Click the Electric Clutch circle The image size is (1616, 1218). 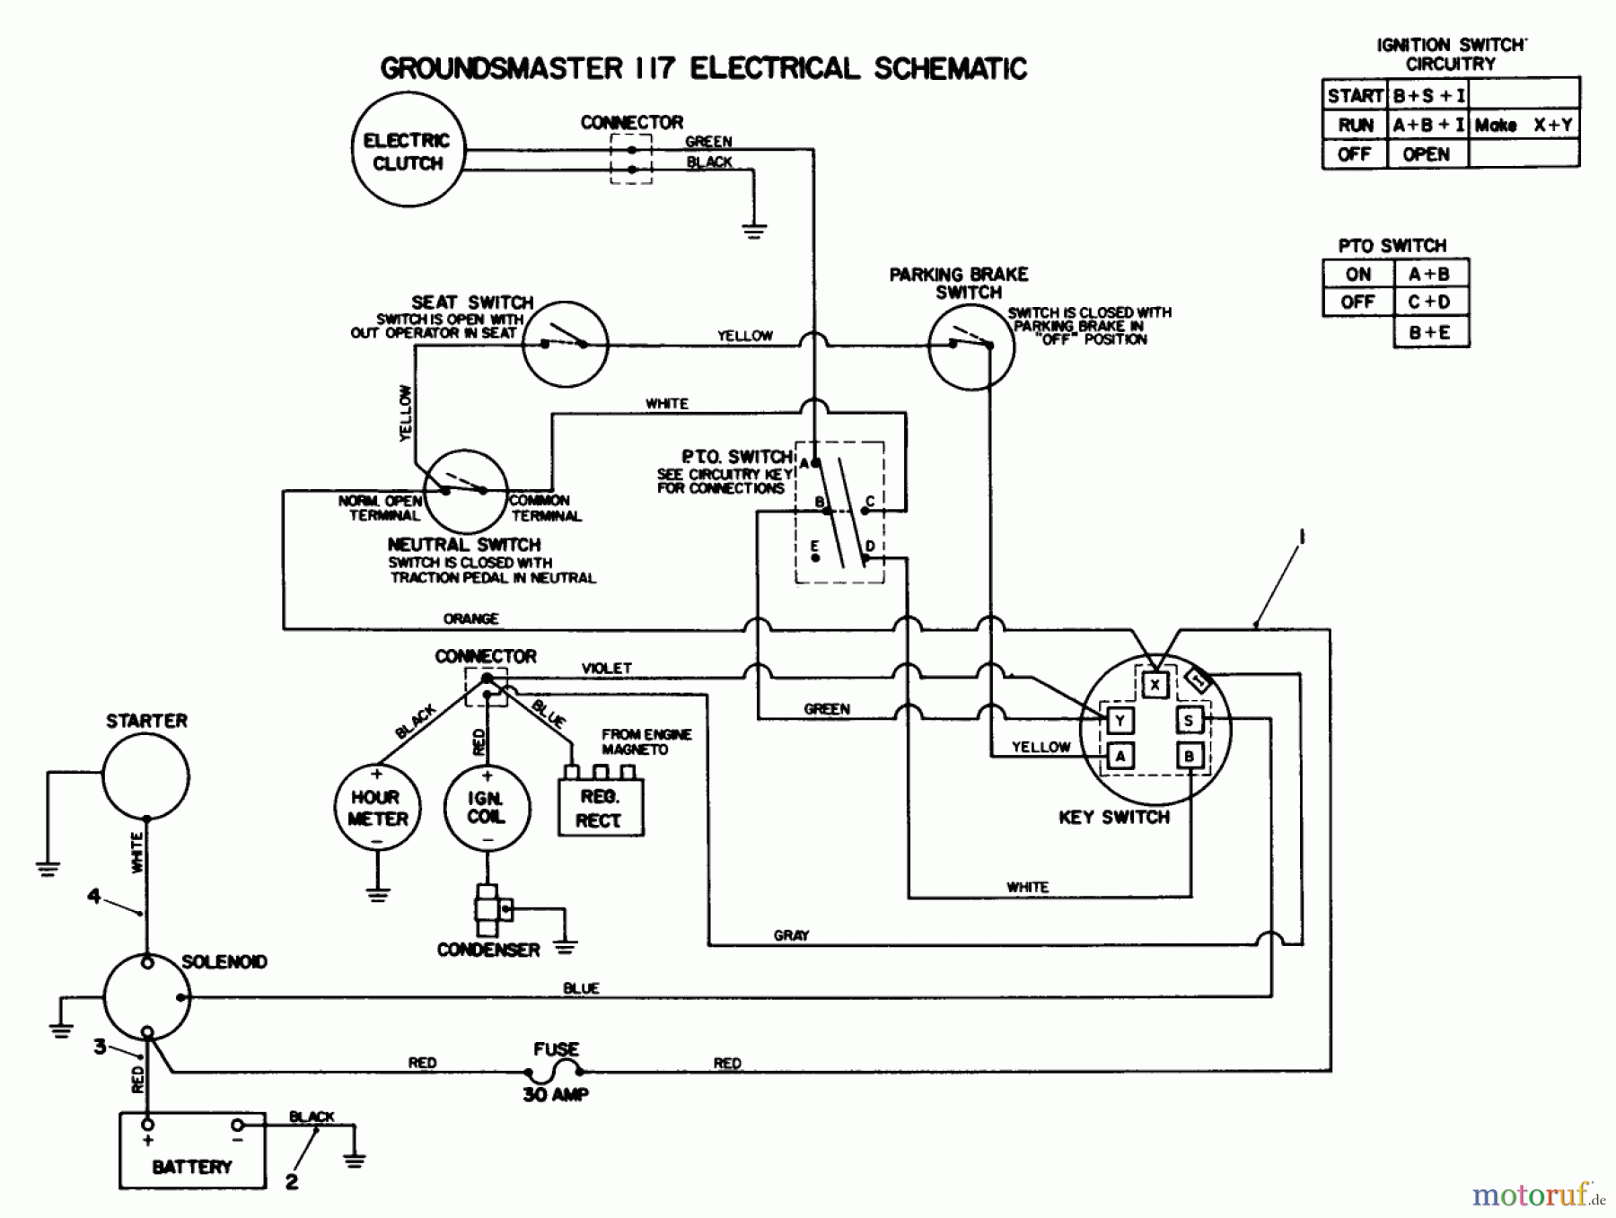408,151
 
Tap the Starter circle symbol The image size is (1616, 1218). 145,776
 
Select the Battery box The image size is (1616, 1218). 192,1151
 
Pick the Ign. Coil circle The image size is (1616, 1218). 487,808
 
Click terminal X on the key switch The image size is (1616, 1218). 1155,686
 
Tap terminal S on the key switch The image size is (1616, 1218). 1189,720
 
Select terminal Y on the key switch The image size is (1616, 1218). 1120,720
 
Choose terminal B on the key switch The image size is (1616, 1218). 1189,756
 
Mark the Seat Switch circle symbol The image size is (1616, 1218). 565,345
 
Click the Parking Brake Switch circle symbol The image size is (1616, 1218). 970,346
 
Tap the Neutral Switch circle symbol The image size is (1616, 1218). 465,492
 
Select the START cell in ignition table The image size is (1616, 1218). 1355,95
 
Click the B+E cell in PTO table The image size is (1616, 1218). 1430,332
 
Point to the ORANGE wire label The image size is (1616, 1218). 470,618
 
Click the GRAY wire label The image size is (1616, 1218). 791,935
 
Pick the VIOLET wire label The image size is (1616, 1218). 607,668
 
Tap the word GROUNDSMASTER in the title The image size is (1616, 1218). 501,68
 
